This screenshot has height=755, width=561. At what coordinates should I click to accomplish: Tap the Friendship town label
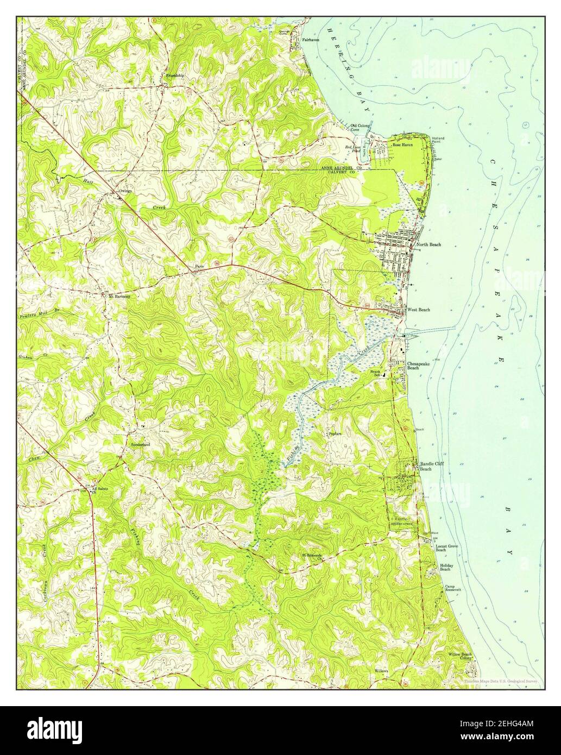175,75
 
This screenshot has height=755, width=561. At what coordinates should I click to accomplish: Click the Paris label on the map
199,266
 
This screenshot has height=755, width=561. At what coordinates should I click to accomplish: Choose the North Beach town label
429,244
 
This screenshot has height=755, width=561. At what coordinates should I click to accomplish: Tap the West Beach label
419,310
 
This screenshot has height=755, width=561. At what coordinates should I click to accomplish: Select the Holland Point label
438,140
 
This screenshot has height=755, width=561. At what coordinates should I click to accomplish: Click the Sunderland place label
140,444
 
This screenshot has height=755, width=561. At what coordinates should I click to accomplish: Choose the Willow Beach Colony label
460,656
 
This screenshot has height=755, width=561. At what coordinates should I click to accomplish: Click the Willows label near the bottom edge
381,671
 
